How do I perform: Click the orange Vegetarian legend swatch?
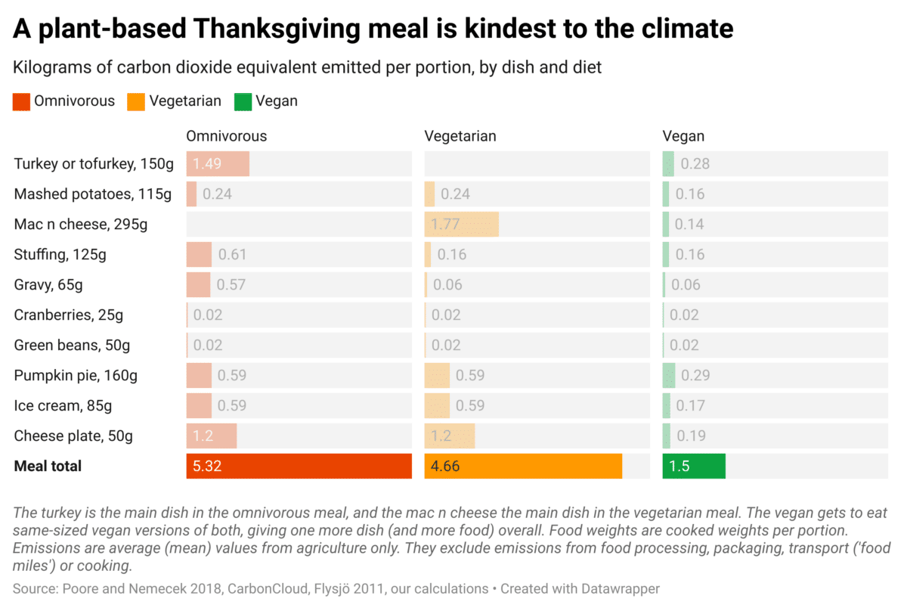click(x=137, y=101)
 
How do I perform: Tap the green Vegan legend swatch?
click(x=243, y=101)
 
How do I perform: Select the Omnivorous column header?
click(x=227, y=136)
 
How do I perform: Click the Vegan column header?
click(x=683, y=136)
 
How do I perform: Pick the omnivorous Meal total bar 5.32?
click(x=299, y=467)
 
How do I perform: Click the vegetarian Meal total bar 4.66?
click(x=523, y=467)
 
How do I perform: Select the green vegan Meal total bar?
click(x=694, y=467)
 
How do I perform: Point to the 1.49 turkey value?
click(x=206, y=164)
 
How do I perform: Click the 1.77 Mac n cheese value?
click(x=445, y=225)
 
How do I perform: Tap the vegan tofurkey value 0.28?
click(x=695, y=164)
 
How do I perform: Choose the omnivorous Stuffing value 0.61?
click(x=232, y=255)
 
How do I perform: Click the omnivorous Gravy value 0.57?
click(x=231, y=285)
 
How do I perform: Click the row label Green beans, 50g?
click(x=72, y=346)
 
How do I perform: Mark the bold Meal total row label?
click(x=48, y=467)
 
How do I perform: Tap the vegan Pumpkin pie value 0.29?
click(x=695, y=376)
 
